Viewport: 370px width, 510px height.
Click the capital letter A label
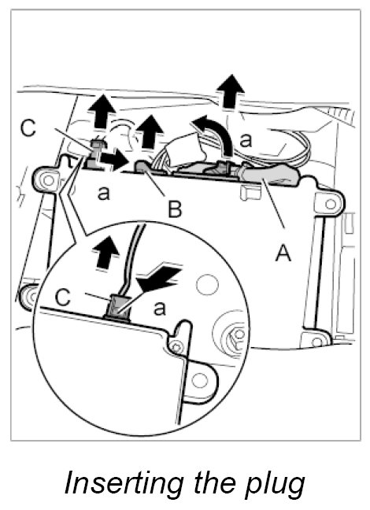[283, 253]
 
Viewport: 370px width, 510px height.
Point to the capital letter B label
[175, 209]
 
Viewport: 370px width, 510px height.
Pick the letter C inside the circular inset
[63, 297]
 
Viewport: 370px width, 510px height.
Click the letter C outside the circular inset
[28, 128]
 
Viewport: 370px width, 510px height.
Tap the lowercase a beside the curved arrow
[246, 141]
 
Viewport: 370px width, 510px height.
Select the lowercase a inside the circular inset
[159, 309]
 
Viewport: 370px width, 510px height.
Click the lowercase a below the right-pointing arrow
[104, 193]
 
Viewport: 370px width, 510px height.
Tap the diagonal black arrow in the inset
[157, 279]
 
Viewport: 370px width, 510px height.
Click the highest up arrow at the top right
[231, 91]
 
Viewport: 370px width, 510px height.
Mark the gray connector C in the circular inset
[117, 308]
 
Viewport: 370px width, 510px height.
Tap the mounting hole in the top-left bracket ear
[49, 180]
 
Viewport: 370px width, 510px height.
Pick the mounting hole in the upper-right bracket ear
[331, 204]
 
